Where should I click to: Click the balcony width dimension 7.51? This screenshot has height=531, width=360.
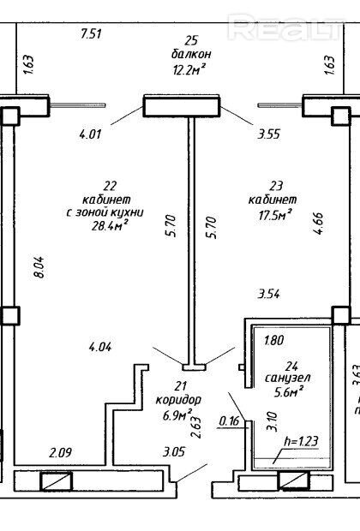click(91, 34)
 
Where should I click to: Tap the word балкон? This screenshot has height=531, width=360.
click(191, 54)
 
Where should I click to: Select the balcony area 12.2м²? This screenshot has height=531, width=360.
click(189, 69)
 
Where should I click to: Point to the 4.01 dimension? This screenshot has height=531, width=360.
click(90, 134)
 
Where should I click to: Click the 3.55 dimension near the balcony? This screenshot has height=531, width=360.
click(269, 134)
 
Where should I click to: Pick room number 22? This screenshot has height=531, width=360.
click(111, 186)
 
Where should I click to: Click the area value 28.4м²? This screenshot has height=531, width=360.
click(110, 225)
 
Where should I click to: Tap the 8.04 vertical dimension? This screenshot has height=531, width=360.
click(39, 267)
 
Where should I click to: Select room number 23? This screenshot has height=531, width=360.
click(276, 186)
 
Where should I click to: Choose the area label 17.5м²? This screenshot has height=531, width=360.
click(275, 215)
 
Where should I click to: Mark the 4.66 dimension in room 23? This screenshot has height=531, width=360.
click(319, 224)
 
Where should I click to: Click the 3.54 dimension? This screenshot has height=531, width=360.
click(269, 294)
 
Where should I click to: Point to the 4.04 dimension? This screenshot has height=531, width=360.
click(100, 347)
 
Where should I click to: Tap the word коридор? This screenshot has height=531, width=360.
click(178, 400)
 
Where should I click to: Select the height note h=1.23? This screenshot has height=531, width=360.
click(302, 440)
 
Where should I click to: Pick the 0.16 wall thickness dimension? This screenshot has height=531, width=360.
click(229, 421)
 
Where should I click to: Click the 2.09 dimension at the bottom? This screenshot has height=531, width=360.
click(60, 452)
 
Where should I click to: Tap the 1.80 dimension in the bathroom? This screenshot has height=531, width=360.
click(274, 340)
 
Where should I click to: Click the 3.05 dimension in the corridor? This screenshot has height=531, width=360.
click(174, 451)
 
